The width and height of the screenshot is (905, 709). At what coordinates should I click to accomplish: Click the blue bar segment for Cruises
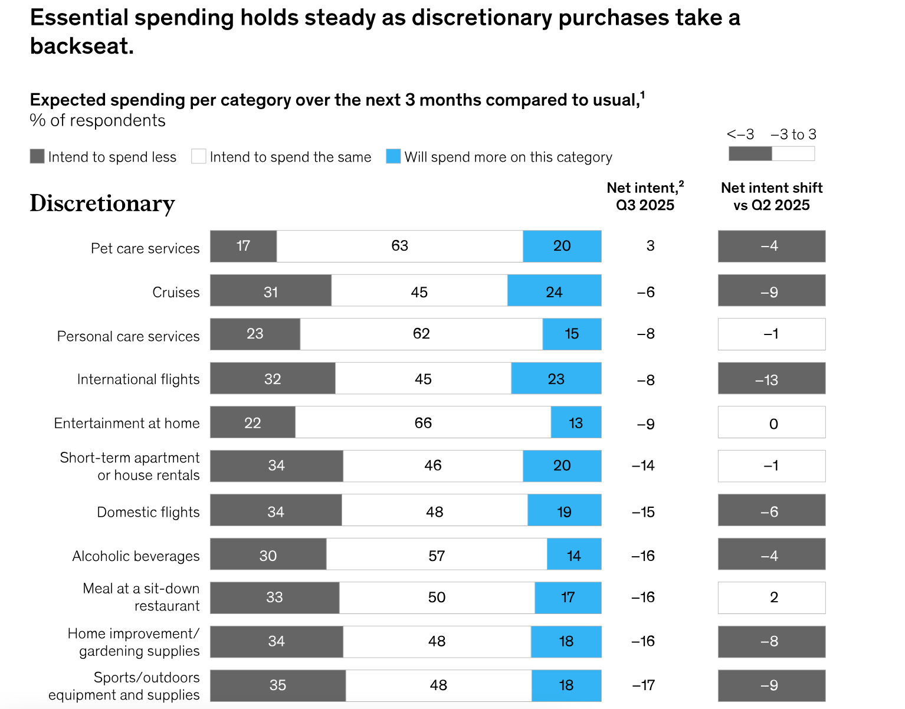tap(554, 290)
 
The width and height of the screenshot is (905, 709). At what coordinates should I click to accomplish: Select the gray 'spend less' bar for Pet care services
tap(243, 246)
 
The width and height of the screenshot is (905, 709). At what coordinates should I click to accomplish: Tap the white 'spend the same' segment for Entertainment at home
tap(423, 422)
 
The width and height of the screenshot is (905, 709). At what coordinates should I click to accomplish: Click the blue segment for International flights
tap(556, 378)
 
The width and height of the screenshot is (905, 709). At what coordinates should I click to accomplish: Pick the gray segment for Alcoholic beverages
tap(268, 554)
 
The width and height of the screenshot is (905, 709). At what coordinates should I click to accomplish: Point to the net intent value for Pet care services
tap(650, 246)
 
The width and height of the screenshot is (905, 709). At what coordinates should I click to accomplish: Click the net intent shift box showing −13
tap(771, 379)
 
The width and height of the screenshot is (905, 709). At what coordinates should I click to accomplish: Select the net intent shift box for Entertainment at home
tap(771, 422)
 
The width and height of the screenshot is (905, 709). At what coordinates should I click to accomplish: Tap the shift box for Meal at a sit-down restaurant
tap(771, 598)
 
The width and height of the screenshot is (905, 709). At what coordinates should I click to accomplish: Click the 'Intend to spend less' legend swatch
tap(37, 156)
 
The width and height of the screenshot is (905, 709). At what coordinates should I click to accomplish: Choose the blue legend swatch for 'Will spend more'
tap(393, 156)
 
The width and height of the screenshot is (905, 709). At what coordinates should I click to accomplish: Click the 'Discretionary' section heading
tap(102, 203)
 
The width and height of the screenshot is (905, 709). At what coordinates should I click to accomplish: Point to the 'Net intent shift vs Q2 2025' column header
tap(771, 196)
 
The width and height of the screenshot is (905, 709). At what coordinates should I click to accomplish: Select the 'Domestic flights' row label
tap(148, 512)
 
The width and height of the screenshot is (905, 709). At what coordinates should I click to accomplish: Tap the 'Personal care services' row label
tap(128, 336)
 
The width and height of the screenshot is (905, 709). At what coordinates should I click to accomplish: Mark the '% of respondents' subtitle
tap(97, 120)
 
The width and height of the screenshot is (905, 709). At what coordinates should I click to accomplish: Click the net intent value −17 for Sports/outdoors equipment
tap(643, 685)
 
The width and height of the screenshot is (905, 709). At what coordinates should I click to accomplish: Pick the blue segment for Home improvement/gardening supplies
tap(566, 641)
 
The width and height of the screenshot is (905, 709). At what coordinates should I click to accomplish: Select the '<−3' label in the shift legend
tap(740, 134)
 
